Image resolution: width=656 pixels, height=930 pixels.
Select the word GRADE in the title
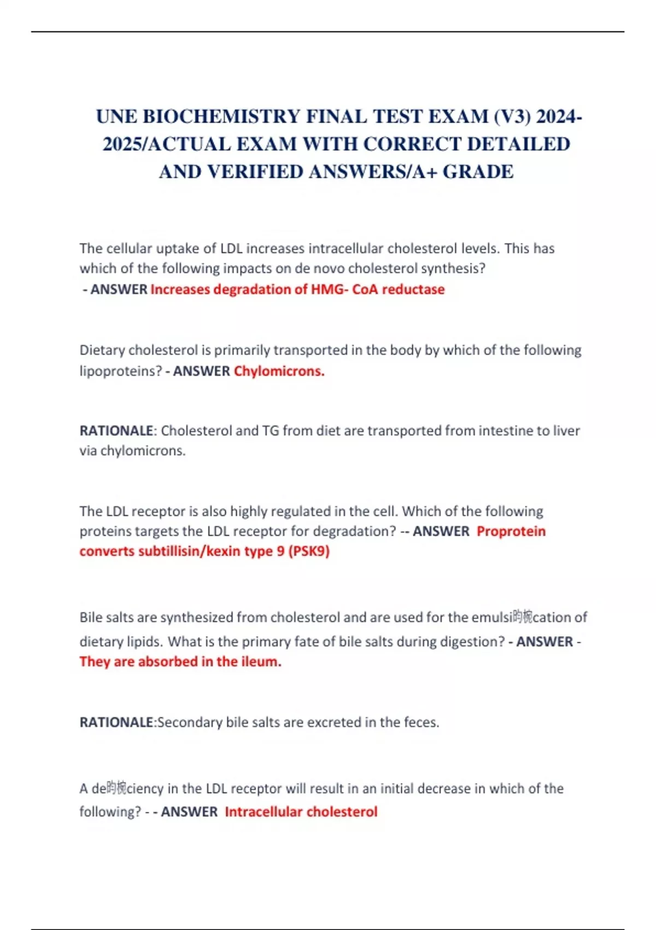(x=478, y=172)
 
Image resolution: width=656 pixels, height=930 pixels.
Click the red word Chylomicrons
(x=279, y=371)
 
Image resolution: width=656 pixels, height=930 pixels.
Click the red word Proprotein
(x=511, y=531)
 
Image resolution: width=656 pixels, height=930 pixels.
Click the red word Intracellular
(x=262, y=811)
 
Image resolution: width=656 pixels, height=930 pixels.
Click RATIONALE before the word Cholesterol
(x=116, y=431)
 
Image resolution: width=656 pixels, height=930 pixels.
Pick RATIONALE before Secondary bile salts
(x=116, y=722)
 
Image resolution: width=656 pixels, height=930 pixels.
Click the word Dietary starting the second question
(x=102, y=350)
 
